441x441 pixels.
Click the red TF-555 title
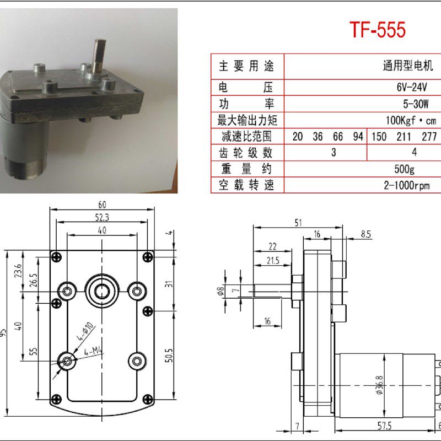378,30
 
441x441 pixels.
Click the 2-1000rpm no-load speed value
406,185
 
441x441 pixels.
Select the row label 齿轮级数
246,153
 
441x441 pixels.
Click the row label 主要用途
246,67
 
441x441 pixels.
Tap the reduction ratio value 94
358,137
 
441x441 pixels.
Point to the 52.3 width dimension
102,218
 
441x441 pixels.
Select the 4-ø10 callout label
87,332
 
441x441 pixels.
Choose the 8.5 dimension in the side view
365,234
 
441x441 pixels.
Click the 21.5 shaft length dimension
272,260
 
